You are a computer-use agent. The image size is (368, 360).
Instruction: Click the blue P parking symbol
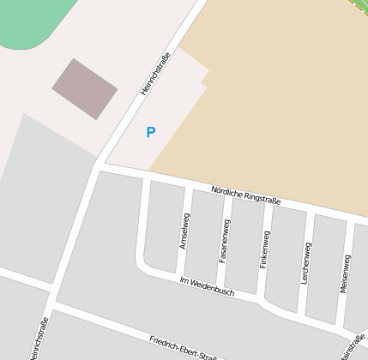point(151,132)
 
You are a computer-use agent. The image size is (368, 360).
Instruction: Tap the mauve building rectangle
point(85,88)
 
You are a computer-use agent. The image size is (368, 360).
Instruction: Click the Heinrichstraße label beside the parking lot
point(155,74)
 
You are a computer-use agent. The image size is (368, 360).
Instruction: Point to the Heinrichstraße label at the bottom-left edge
point(38,339)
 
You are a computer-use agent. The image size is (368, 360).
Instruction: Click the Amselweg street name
point(184,231)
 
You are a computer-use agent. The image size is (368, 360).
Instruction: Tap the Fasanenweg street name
point(225,241)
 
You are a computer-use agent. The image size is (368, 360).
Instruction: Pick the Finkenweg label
point(265,250)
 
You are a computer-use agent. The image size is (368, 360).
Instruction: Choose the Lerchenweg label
point(306,263)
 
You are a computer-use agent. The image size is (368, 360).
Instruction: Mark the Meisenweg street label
point(345,273)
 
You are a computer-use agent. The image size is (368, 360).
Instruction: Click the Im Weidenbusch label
point(207,286)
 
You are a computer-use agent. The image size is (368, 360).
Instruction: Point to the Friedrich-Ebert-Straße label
point(181,347)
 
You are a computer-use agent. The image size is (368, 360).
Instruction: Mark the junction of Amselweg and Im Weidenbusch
point(181,279)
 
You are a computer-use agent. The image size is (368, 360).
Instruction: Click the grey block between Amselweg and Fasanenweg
point(205,237)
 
